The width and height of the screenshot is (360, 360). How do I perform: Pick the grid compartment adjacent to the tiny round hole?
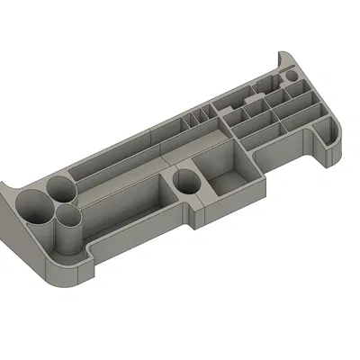point(297,95)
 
